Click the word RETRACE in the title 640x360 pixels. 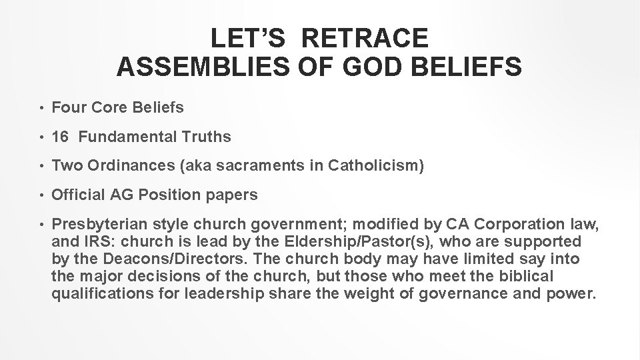(x=365, y=38)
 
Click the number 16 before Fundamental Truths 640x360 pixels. (x=61, y=137)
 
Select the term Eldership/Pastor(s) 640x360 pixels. (x=363, y=241)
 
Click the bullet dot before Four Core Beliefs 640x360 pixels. (x=41, y=109)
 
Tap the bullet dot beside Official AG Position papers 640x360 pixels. (x=41, y=195)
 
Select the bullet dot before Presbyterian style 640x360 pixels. (x=41, y=223)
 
